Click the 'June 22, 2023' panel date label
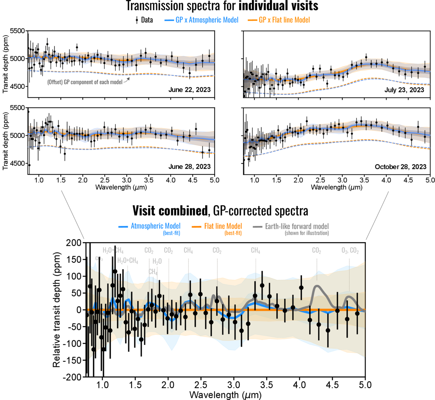(189, 90)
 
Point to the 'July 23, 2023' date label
(404, 90)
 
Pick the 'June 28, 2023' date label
(189, 166)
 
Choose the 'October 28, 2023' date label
(400, 166)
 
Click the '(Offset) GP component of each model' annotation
(85, 82)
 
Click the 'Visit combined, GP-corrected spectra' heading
(220, 211)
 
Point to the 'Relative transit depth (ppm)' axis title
(57, 310)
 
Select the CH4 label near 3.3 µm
(255, 251)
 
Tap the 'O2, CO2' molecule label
(350, 251)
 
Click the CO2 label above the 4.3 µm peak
(317, 251)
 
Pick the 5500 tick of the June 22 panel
(18, 31)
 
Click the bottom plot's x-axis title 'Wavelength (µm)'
(225, 394)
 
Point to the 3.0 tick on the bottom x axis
(234, 385)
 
